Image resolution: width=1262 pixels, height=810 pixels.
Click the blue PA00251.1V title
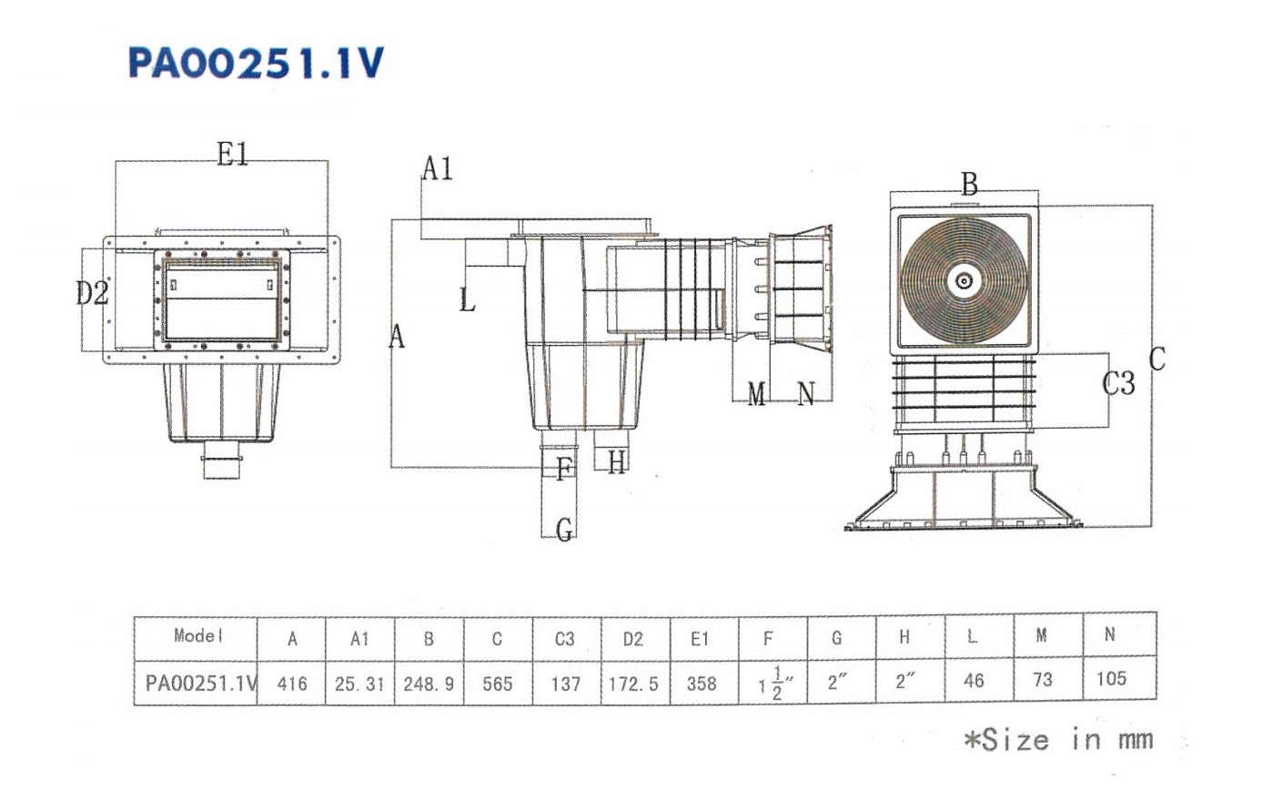(257, 63)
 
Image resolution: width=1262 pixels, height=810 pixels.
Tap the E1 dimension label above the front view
(233, 154)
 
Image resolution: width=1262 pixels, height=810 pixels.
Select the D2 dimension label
(92, 293)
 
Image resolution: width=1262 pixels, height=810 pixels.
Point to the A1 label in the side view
(438, 168)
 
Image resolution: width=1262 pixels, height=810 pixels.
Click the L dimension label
(468, 299)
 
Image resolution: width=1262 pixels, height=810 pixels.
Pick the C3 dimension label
(1118, 384)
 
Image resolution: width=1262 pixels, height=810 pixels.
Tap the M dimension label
(756, 393)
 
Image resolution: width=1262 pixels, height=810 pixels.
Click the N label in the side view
(806, 393)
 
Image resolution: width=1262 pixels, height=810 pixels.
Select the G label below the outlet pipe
(564, 530)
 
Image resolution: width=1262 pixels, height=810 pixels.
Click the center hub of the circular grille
(964, 280)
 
